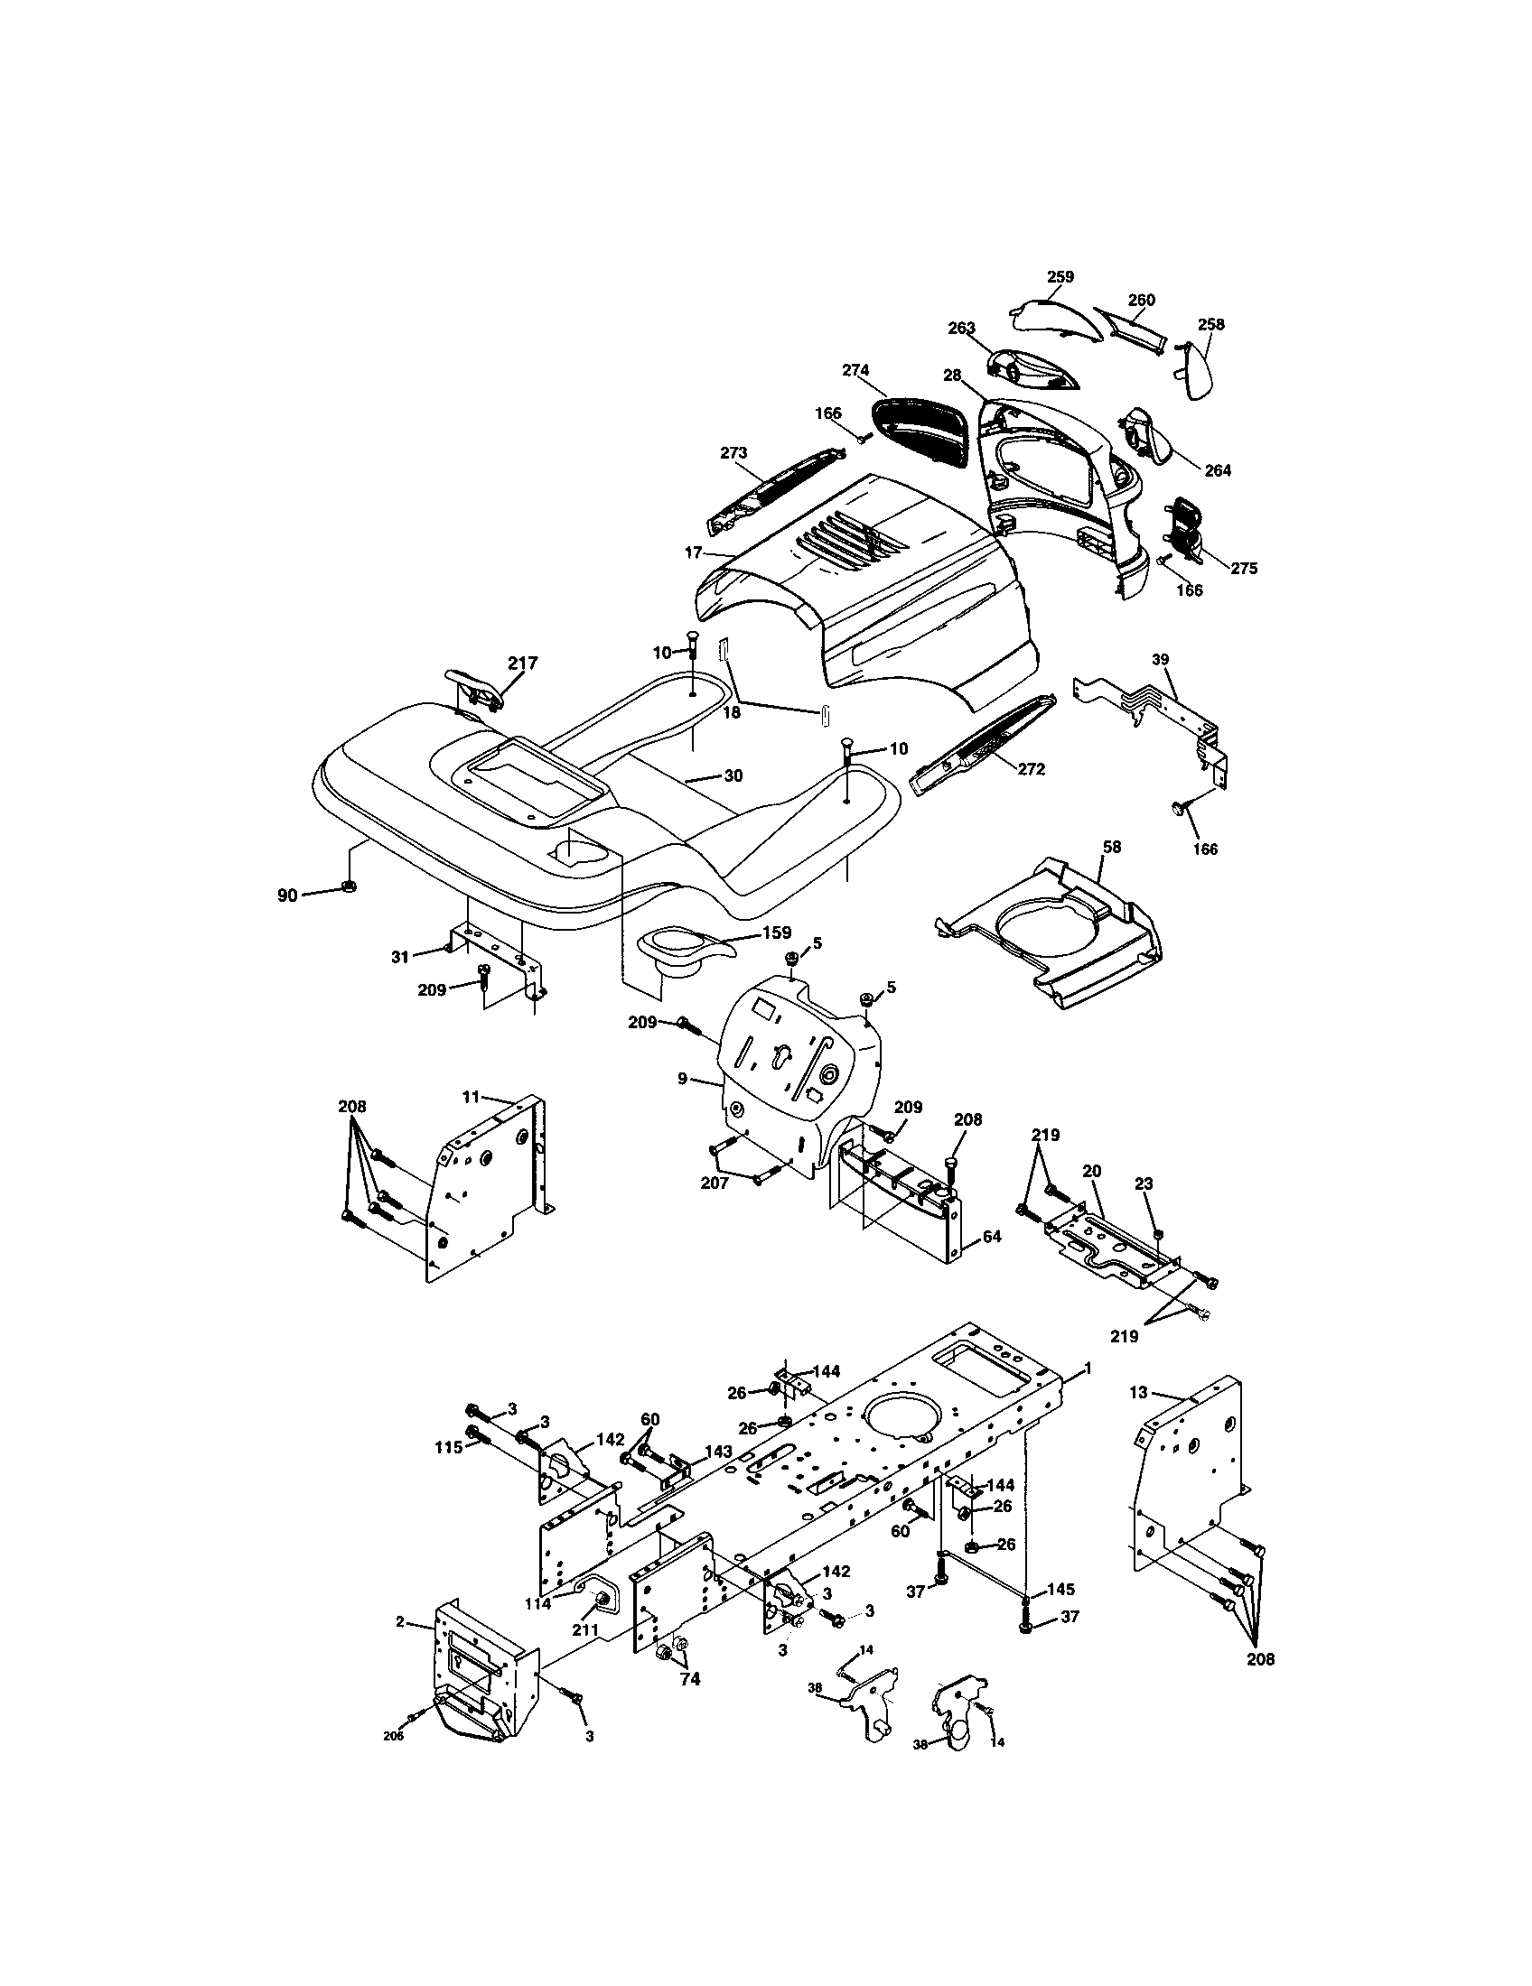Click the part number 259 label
tap(1060, 276)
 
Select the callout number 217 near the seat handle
tap(522, 663)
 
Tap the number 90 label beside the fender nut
tap(287, 896)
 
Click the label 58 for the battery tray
tap(1111, 847)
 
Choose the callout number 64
tap(992, 1237)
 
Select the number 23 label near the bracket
tap(1144, 1184)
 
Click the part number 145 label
tap(1060, 1590)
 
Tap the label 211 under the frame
tap(584, 1630)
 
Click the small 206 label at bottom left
tap(393, 1736)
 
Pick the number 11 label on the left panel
tap(471, 1097)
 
